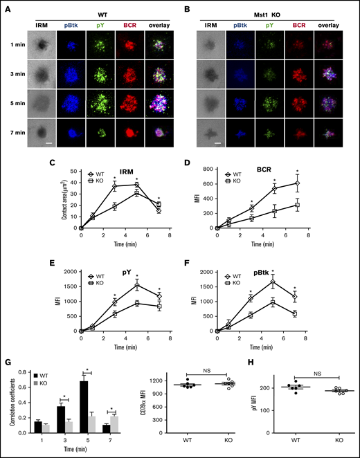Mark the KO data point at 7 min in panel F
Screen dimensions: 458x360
(296, 313)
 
